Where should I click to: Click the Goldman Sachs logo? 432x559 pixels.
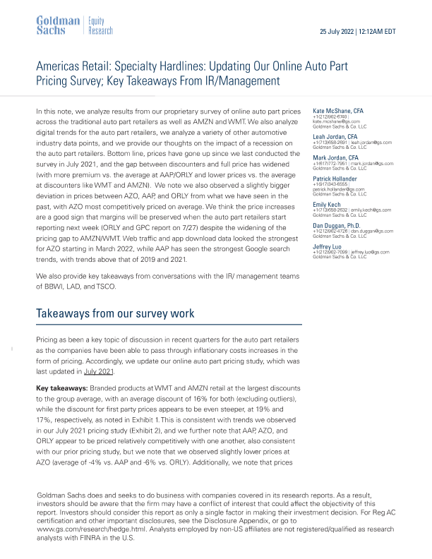pyautogui.click(x=57, y=24)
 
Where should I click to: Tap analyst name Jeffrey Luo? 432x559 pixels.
pyautogui.click(x=330, y=246)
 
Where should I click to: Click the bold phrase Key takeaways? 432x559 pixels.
pyautogui.click(x=61, y=389)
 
